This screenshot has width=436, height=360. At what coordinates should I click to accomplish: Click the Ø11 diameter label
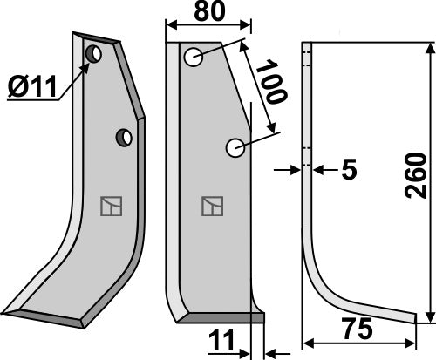[x=34, y=88]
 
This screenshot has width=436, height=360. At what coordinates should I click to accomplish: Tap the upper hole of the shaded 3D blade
[x=92, y=55]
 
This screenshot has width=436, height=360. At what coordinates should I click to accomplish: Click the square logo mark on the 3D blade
[x=110, y=206]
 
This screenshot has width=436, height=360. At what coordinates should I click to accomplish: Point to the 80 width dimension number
[x=208, y=15]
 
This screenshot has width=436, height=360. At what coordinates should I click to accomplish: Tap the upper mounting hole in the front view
[x=193, y=58]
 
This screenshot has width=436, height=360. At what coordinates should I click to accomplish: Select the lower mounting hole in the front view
[x=235, y=148]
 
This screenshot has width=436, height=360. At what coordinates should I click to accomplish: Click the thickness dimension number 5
[x=348, y=170]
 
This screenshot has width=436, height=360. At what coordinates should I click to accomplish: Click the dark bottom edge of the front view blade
[x=218, y=319]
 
